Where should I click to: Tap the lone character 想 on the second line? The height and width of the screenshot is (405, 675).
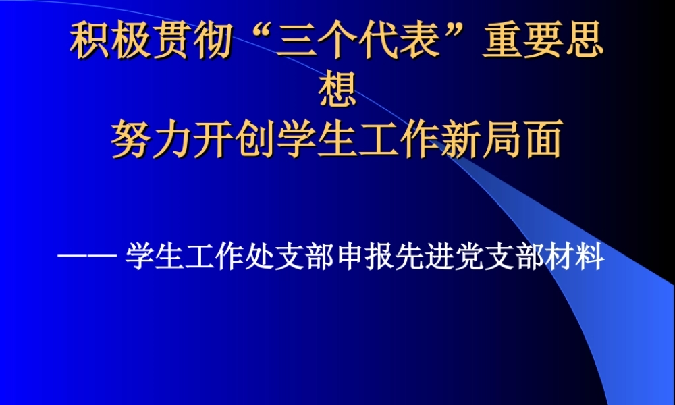(x=337, y=91)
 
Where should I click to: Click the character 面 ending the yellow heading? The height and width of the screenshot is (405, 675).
(x=543, y=140)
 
